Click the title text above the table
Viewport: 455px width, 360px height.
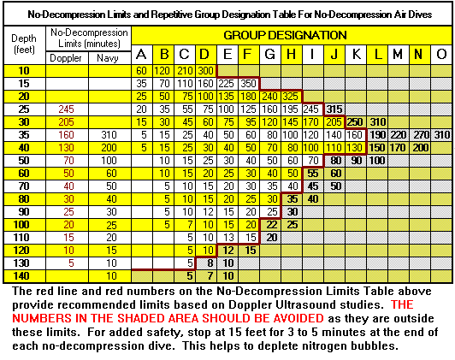227,12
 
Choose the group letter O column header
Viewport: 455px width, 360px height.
441,53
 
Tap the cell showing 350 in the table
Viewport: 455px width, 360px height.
249,84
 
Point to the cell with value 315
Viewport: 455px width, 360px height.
334,109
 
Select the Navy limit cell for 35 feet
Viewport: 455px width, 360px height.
109,135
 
